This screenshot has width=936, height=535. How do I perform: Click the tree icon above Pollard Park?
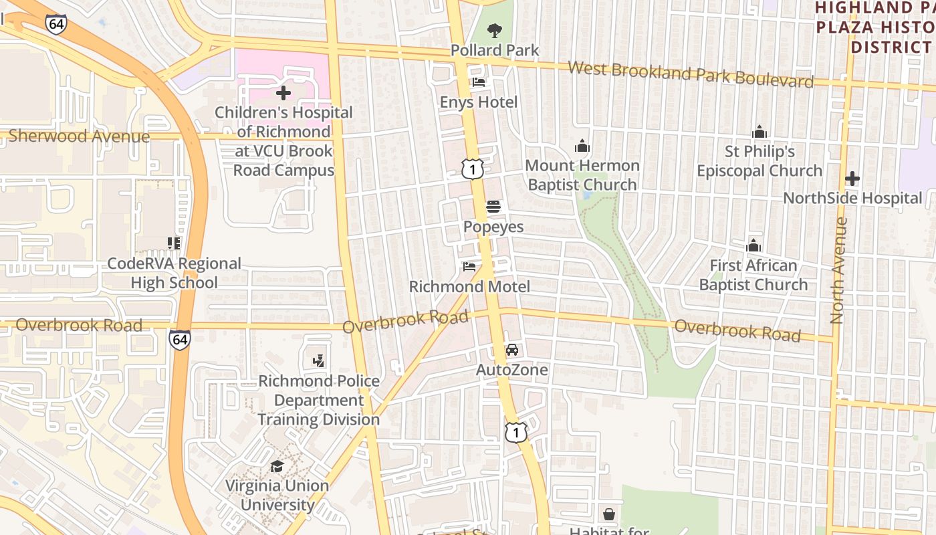coord(494,30)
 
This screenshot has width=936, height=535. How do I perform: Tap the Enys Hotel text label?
coord(479,102)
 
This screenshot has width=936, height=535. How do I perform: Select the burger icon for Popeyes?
coord(493,207)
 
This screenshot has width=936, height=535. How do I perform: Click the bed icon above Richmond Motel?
coord(470,267)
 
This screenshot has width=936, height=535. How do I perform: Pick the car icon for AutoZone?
coord(512,350)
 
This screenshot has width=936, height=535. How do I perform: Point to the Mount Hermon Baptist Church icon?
coord(582,146)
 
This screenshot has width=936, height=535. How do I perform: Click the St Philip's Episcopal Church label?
coord(759,161)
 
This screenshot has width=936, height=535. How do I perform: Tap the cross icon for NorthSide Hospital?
coord(852,179)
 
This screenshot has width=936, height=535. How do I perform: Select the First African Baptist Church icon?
coord(753,245)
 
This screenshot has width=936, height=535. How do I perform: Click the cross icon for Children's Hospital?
coord(283,93)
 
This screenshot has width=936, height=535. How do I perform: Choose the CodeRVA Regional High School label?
coord(174,273)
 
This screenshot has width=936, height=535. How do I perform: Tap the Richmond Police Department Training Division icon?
coord(319,361)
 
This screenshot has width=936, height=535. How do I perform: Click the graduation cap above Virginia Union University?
coord(277,466)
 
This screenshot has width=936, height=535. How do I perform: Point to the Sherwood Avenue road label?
coord(79,136)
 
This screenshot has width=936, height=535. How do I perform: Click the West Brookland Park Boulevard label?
coord(691,74)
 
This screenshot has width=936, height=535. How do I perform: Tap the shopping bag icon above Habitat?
coord(609,514)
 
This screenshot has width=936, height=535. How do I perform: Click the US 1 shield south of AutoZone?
coord(515,432)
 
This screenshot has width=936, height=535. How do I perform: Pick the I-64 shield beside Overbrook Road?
coord(179,339)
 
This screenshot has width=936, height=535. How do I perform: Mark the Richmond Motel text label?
coord(469,287)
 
